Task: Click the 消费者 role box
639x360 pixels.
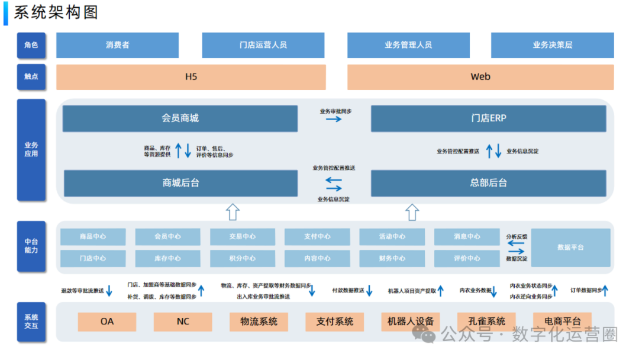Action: pyautogui.click(x=117, y=45)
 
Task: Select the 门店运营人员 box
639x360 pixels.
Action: pyautogui.click(x=263, y=45)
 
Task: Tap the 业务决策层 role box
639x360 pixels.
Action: pyautogui.click(x=552, y=45)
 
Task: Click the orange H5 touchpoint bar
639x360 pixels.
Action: pyautogui.click(x=191, y=77)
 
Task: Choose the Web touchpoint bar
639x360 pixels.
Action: pyautogui.click(x=480, y=77)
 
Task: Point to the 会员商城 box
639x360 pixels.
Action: pyautogui.click(x=180, y=118)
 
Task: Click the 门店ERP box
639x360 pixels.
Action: pyautogui.click(x=488, y=118)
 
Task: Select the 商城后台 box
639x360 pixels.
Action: pyautogui.click(x=180, y=183)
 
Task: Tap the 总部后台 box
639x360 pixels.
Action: pyautogui.click(x=488, y=183)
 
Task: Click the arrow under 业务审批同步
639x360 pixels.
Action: pyautogui.click(x=334, y=119)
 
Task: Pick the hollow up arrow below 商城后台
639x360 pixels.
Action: pyautogui.click(x=233, y=211)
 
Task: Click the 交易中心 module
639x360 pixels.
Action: pyautogui.click(x=243, y=237)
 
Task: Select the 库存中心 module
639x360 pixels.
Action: pyautogui.click(x=167, y=259)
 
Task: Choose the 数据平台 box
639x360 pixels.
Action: pyautogui.click(x=570, y=247)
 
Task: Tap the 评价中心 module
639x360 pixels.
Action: pyautogui.click(x=467, y=259)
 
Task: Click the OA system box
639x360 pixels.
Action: pyautogui.click(x=107, y=322)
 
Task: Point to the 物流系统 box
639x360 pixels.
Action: pyautogui.click(x=259, y=322)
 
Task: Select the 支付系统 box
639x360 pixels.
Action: pyautogui.click(x=334, y=322)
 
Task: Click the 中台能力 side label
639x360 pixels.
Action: pyautogui.click(x=31, y=246)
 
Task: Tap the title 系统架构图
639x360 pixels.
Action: pyautogui.click(x=56, y=12)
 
